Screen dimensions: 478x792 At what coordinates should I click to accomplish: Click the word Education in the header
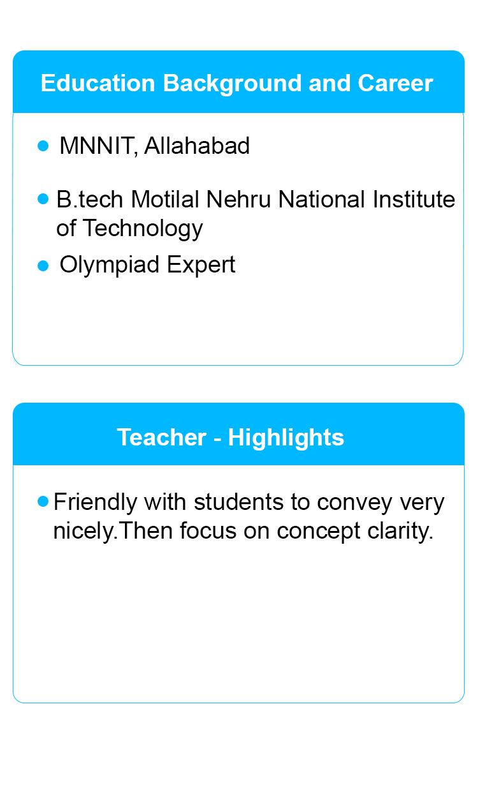98,84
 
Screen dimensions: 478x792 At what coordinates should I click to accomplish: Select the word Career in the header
395,84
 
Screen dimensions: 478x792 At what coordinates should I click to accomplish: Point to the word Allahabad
197,146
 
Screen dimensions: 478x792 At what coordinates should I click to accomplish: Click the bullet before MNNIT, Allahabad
43,146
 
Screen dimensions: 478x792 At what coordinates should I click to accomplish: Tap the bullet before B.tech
43,198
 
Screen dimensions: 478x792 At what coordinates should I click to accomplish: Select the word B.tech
90,199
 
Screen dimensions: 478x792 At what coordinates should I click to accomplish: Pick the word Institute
414,199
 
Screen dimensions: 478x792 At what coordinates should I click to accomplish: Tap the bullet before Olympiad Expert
43,266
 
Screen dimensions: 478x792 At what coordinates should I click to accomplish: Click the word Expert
201,265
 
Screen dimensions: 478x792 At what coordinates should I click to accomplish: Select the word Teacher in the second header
162,437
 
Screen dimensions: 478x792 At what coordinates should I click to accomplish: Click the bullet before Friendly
43,501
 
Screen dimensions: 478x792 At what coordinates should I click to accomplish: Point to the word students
238,502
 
